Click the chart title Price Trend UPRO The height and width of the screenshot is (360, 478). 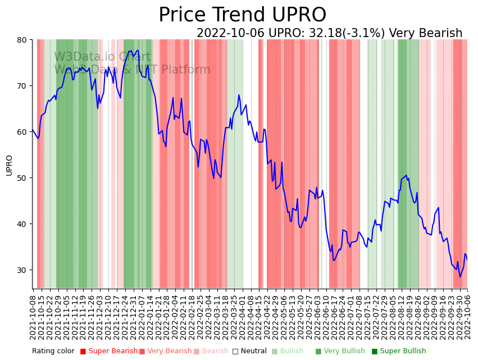[x=242, y=15]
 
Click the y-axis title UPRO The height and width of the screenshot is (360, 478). [x=9, y=165]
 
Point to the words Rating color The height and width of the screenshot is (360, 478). [x=53, y=351]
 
